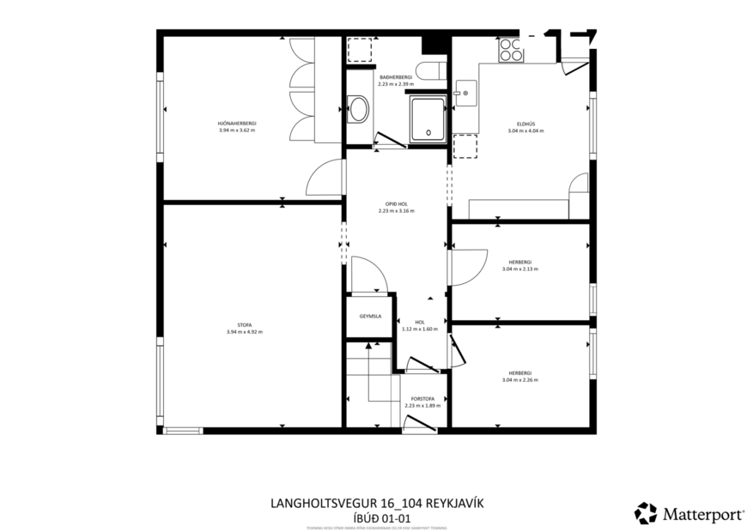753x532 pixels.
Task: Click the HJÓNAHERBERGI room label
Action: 238,124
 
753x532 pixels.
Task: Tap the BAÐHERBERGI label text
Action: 396,77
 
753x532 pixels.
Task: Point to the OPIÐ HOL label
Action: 396,204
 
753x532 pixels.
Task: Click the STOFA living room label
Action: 244,325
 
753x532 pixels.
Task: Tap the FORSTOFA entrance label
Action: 422,398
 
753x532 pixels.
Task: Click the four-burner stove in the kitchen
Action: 512,50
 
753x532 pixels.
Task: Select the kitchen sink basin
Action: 466,92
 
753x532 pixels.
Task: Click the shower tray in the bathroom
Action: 428,118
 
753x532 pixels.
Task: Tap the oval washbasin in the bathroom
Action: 361,111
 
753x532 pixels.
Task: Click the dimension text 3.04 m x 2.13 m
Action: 520,269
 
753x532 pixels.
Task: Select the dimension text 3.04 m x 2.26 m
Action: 520,379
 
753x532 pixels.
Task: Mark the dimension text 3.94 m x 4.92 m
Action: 244,331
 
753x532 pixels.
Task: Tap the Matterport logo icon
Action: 645,513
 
